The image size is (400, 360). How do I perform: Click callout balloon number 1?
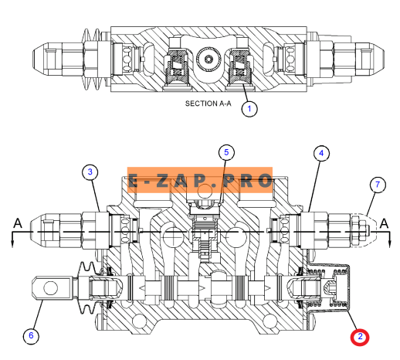click(x=249, y=109)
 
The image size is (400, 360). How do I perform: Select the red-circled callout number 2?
click(x=360, y=337)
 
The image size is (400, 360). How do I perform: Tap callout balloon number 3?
click(x=90, y=172)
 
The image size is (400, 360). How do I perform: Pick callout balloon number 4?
click(x=321, y=154)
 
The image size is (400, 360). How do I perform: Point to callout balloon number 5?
click(x=226, y=152)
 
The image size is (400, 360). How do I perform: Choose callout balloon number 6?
click(x=31, y=335)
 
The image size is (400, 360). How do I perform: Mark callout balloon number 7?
click(x=378, y=185)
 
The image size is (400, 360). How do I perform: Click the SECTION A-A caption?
click(x=208, y=104)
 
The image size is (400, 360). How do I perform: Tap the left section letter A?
click(x=18, y=223)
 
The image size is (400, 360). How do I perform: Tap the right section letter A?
click(x=385, y=223)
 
